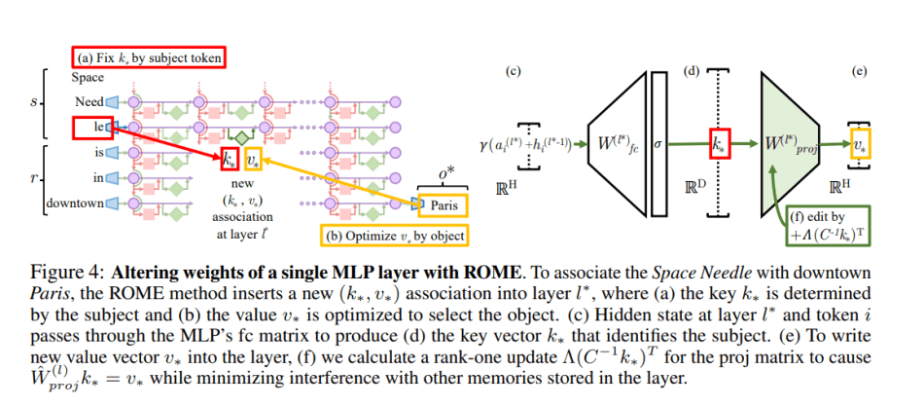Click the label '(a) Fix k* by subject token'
coord(147,58)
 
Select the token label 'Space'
coord(89,78)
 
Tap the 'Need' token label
coord(89,101)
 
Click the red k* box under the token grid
coord(228,159)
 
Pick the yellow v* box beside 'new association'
coord(252,159)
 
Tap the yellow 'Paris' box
coord(443,204)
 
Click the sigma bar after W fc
coord(659,144)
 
